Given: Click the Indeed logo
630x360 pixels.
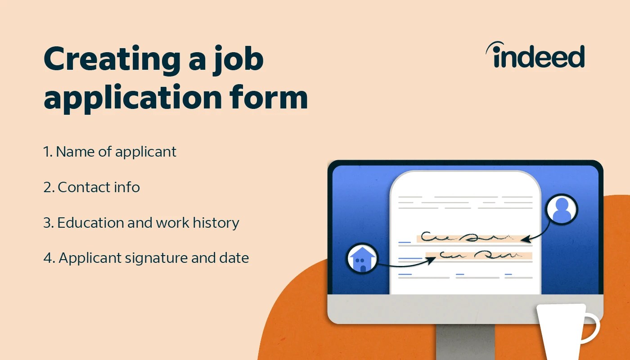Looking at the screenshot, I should pyautogui.click(x=535, y=56).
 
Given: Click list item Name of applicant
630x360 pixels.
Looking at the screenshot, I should pyautogui.click(x=110, y=152).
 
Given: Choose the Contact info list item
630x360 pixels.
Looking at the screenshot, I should pyautogui.click(x=92, y=187).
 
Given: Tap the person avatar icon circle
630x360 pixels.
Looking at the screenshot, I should pyautogui.click(x=562, y=210).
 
